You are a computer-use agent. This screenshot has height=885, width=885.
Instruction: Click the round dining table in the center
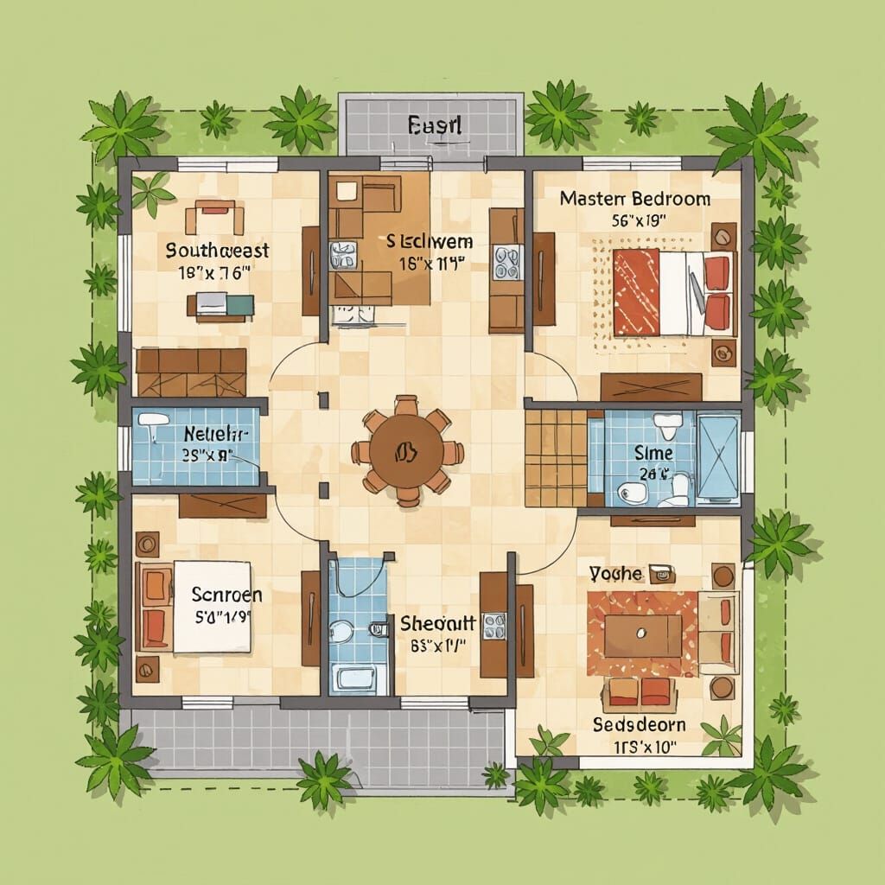pyautogui.click(x=407, y=451)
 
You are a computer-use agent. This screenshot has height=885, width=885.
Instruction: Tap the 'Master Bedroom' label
pyautogui.click(x=634, y=199)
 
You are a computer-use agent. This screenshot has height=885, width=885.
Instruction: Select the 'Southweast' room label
pyautogui.click(x=217, y=251)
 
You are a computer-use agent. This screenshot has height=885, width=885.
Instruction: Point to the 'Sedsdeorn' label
pyautogui.click(x=639, y=723)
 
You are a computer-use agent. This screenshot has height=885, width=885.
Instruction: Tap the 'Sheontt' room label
pyautogui.click(x=437, y=622)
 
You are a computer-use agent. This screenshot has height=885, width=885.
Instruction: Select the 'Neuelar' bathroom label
pyautogui.click(x=216, y=435)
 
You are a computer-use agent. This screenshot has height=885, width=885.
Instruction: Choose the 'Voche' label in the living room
pyautogui.click(x=615, y=573)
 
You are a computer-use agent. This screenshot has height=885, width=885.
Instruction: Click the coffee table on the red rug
pyautogui.click(x=642, y=635)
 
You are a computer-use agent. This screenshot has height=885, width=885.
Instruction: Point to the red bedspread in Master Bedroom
pyautogui.click(x=635, y=292)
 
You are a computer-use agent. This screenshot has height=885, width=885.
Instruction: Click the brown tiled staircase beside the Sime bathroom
pyautogui.click(x=556, y=457)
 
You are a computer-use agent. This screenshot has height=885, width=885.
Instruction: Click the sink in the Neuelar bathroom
pyautogui.click(x=154, y=422)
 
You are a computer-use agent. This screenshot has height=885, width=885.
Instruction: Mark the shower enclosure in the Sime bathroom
pyautogui.click(x=717, y=456)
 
